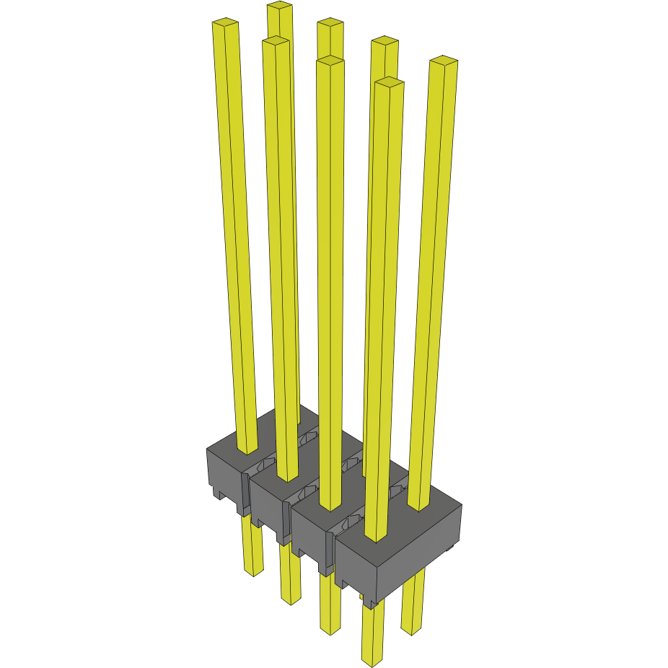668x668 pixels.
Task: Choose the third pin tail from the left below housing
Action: (x=330, y=606)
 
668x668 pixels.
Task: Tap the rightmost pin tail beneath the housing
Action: (x=413, y=606)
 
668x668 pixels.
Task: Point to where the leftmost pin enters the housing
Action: (x=247, y=450)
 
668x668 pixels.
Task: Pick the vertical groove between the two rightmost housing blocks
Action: (x=334, y=555)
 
